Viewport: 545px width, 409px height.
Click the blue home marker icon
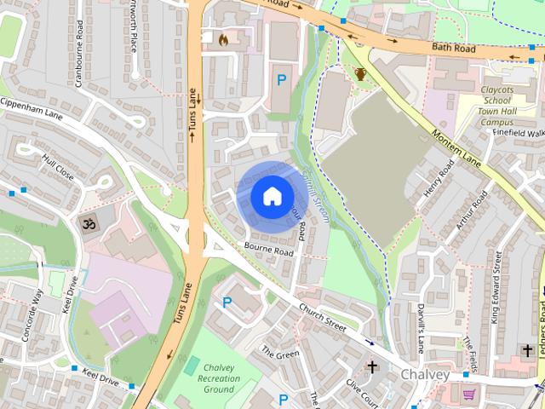(271, 196)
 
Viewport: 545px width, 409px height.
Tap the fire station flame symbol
(224, 39)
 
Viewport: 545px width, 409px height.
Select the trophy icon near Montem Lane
(361, 74)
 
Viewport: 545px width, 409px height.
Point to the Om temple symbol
(86, 225)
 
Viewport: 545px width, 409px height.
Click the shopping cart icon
(468, 395)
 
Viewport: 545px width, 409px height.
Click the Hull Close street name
(58, 167)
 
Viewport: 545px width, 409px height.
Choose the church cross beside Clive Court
(371, 367)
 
